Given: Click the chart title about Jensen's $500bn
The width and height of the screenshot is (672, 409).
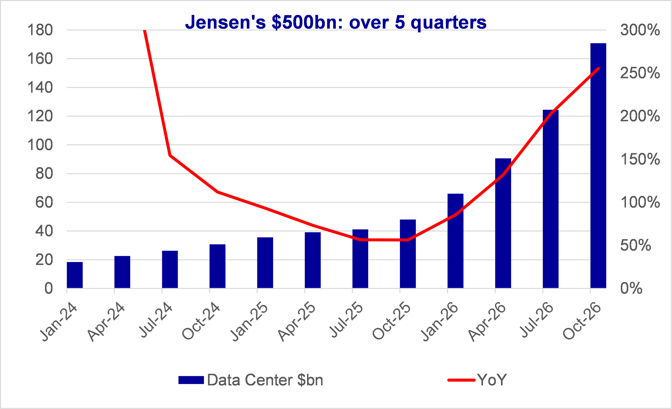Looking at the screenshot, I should point(336,22).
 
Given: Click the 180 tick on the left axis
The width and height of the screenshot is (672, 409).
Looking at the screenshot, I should point(40,30).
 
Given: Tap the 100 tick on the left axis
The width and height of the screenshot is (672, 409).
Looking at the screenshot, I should point(40,145).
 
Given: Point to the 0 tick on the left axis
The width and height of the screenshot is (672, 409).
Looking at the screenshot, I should point(49,288).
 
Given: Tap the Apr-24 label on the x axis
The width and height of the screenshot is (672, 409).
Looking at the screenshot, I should point(106,322).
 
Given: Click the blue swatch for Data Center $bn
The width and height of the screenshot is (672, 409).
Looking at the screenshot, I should point(191,380).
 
